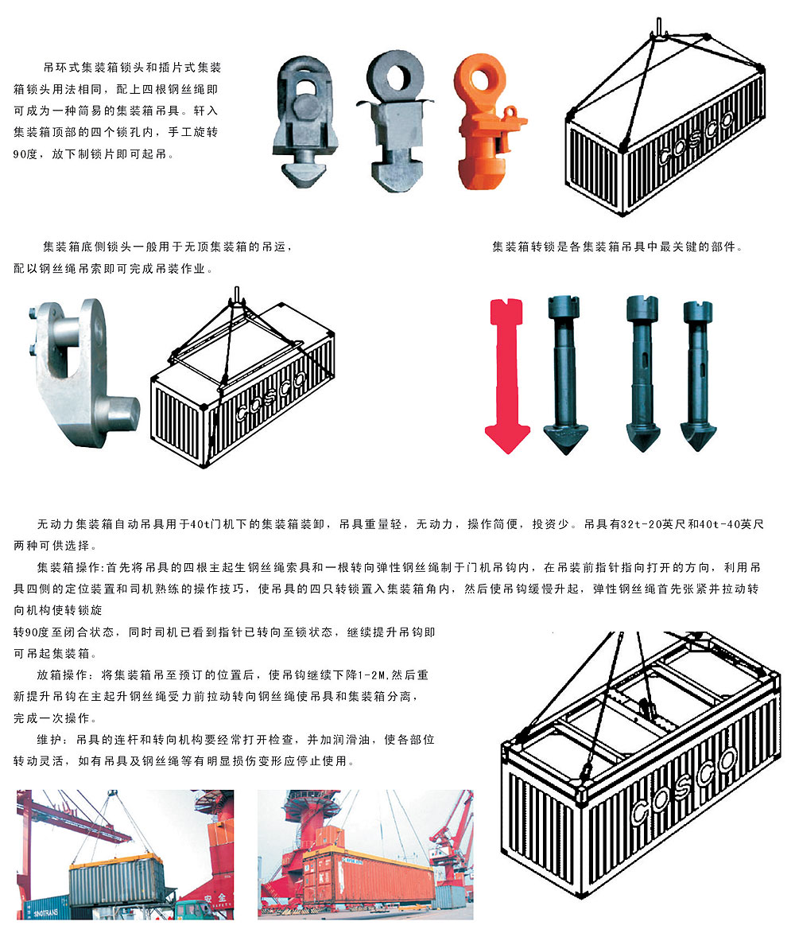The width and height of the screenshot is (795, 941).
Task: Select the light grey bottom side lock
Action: [79, 366]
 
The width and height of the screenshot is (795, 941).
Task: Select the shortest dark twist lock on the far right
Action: [698, 374]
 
